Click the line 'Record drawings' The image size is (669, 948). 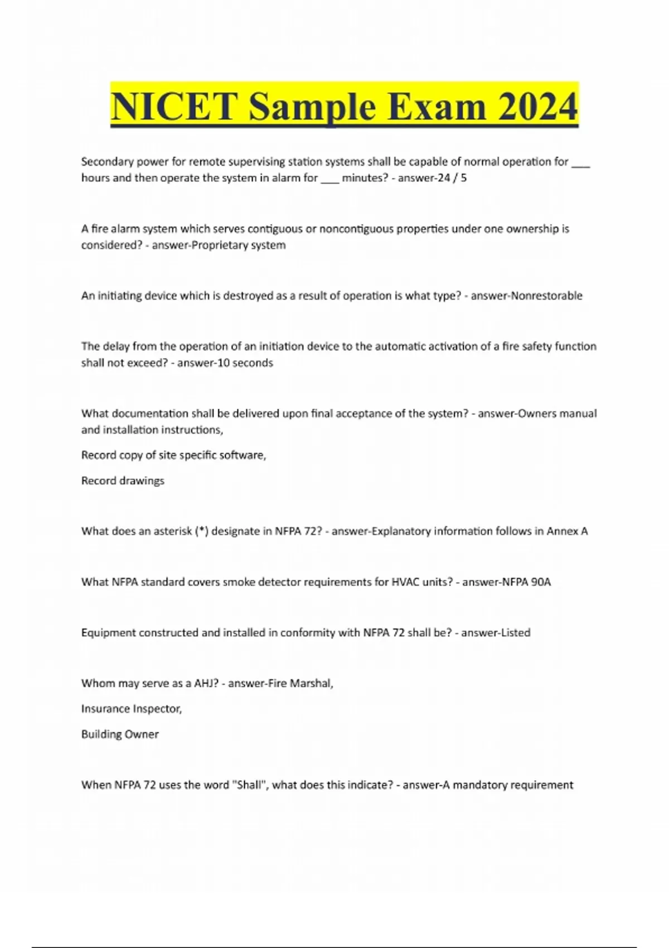point(123,481)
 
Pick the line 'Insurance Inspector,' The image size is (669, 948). point(132,709)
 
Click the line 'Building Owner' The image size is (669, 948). point(120,734)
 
